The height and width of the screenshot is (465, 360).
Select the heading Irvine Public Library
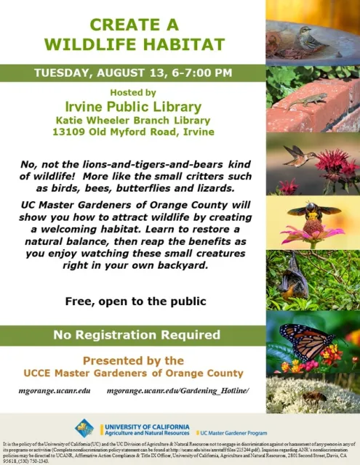coord(132,107)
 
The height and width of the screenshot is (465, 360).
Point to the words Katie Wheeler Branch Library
coord(133,120)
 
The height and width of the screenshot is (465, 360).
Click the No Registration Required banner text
coord(132,335)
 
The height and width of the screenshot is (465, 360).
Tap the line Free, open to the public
coord(132,301)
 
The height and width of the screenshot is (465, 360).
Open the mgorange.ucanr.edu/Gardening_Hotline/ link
coord(177,391)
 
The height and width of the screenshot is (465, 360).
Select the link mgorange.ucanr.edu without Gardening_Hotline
coord(55,391)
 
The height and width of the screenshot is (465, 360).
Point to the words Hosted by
coord(132,92)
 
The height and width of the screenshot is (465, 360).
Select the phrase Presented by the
coord(132,360)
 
